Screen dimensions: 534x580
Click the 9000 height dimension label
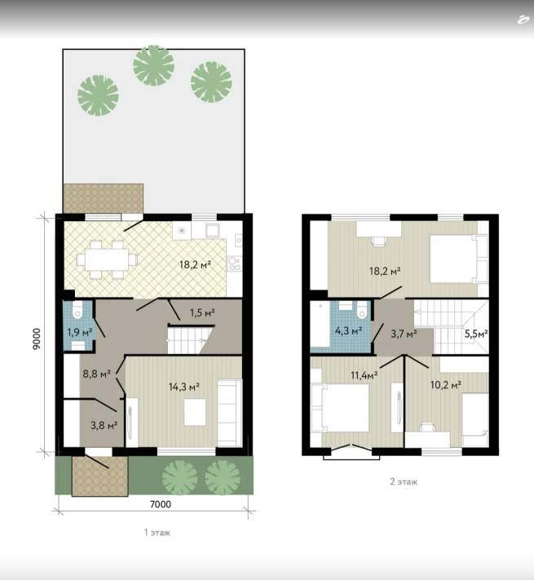(36, 339)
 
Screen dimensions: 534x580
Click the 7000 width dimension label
(161, 504)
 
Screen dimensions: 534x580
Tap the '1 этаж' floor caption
(157, 533)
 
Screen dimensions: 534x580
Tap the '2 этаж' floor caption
(404, 481)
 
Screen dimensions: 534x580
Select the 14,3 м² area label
(184, 387)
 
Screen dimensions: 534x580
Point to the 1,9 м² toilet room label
(79, 332)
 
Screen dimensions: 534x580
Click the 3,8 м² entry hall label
(104, 425)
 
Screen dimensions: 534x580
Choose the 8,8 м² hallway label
(96, 374)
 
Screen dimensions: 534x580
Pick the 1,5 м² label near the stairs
(202, 313)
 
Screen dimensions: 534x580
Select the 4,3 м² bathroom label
(348, 330)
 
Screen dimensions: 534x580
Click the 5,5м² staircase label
(476, 334)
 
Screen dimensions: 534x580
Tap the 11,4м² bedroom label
(364, 375)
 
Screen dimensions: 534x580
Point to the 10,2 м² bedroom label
(445, 385)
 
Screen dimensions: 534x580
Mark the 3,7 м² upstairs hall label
(404, 334)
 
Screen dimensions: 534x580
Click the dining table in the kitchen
(107, 259)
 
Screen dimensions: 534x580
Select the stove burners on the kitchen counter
(234, 263)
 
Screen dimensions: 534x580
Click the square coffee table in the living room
(195, 412)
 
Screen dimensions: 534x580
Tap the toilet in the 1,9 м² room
(77, 310)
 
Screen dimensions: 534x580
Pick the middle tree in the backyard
(154, 65)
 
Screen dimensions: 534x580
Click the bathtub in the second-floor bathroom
(320, 325)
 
